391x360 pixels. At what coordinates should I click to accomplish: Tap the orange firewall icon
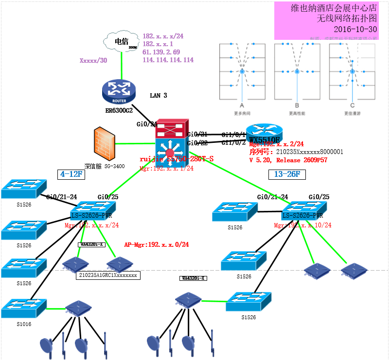tap(105, 143)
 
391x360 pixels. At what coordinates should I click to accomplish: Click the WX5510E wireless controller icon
tap(264, 134)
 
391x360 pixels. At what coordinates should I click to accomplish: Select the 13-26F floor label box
tap(284, 174)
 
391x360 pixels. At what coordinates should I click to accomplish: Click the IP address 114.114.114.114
tap(168, 60)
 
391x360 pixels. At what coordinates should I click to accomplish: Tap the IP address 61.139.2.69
tap(161, 52)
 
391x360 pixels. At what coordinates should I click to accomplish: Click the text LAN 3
tap(159, 96)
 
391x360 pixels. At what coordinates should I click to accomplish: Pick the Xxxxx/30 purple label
tap(93, 61)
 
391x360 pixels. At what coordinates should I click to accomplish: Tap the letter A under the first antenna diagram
tap(242, 105)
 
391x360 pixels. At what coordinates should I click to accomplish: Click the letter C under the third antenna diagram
tap(352, 105)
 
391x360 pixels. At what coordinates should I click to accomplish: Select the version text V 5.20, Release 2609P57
tap(288, 160)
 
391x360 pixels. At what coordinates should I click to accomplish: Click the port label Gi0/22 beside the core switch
tap(197, 143)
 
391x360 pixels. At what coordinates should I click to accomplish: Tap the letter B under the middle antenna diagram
tap(297, 105)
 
